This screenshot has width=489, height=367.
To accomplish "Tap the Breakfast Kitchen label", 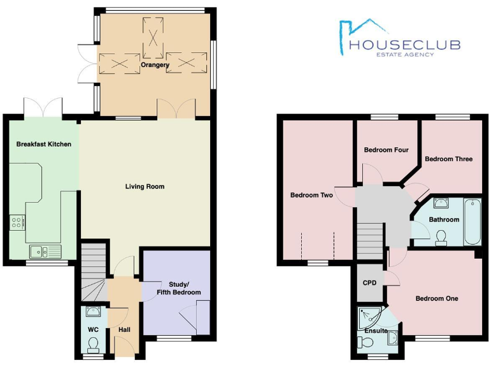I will tap(43, 144).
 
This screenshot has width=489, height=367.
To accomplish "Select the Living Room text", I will tap(145, 187).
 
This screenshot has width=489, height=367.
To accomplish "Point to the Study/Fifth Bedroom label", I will tap(176, 288).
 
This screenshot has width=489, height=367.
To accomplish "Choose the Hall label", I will tap(124, 330).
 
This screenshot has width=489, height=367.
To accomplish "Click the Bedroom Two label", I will tap(311, 195).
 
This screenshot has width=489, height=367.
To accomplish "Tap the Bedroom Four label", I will tap(386, 150).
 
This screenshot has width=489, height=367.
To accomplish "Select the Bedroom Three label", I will tap(448, 159).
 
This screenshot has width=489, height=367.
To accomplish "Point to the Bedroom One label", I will tap(436, 298).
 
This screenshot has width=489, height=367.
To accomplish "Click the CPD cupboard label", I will tap(369, 283).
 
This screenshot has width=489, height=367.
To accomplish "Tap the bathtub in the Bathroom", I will tap(472, 221).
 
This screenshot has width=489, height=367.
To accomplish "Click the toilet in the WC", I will tap(93, 345).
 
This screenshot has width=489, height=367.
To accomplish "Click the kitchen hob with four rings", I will tap(17, 222).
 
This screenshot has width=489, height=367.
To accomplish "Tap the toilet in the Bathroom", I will tap(441, 238).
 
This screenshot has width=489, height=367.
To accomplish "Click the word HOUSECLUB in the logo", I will tap(405, 45).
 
